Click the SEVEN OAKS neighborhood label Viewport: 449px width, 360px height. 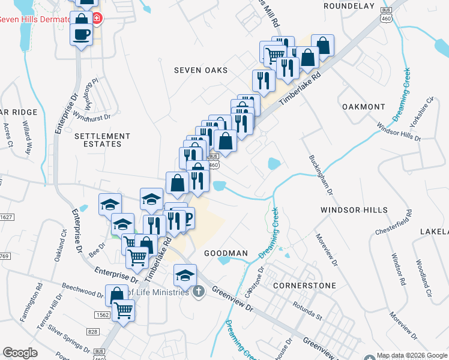click(x=201, y=70)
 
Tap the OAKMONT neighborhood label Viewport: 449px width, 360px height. click(x=363, y=107)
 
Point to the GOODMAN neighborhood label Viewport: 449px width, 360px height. click(x=226, y=253)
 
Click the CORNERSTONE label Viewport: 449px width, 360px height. click(x=304, y=286)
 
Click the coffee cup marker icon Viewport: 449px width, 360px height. click(x=81, y=35)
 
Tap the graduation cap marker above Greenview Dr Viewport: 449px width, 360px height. click(x=185, y=275)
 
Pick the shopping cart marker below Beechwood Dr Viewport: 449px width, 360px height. click(x=124, y=311)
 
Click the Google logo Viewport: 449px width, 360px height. click(x=20, y=353)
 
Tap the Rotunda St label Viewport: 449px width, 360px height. click(x=307, y=313)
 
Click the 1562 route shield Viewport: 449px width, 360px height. click(x=101, y=315)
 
